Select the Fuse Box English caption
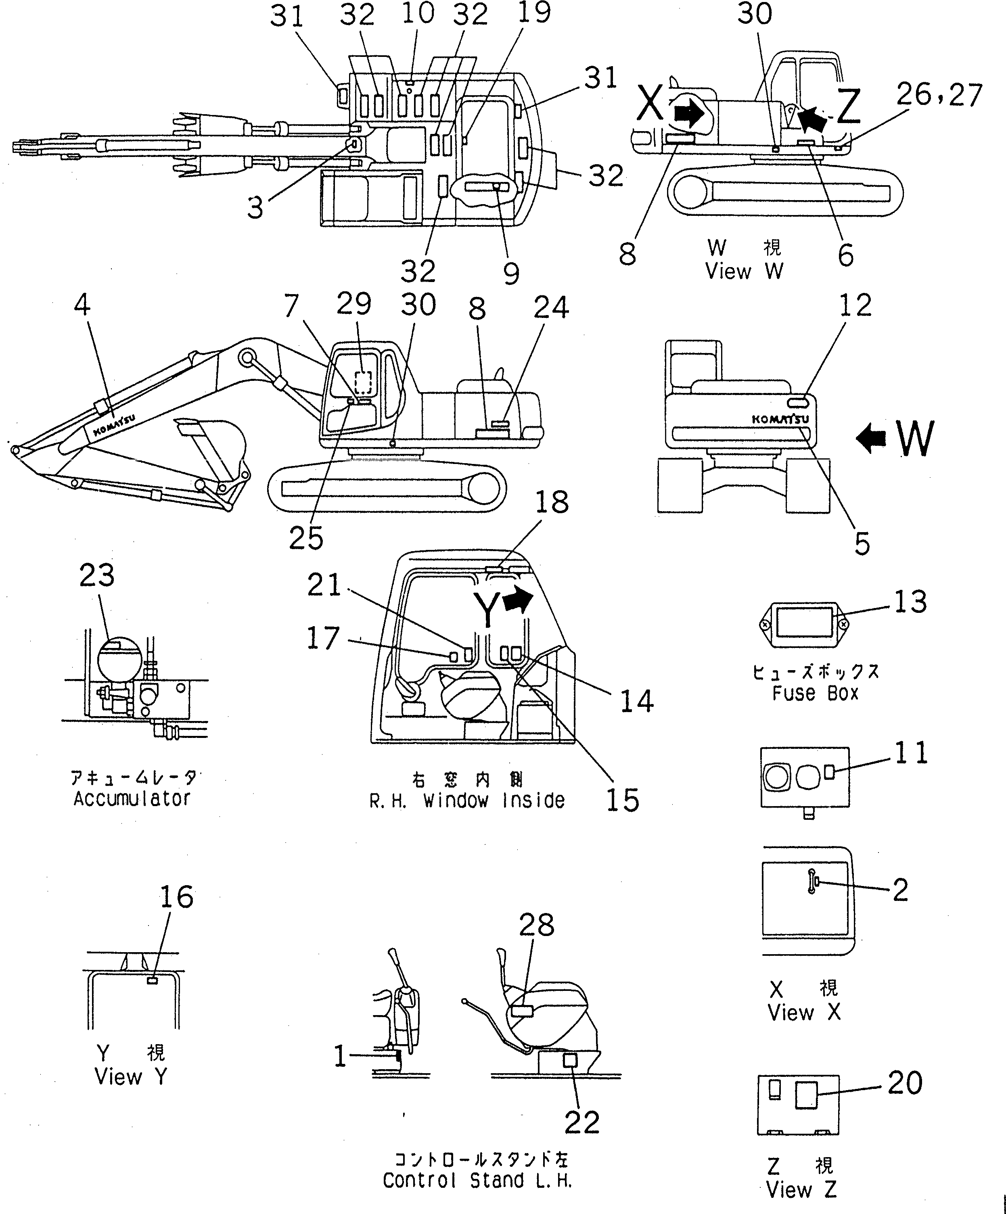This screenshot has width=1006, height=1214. point(815,693)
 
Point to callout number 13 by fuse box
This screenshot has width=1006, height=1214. point(910,602)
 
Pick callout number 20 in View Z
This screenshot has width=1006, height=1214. point(905,1083)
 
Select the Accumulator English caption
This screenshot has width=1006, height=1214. point(132,799)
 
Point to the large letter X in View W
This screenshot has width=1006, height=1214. point(652,105)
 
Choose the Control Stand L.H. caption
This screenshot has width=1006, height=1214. point(477,1181)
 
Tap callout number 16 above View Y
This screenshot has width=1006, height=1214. point(177,897)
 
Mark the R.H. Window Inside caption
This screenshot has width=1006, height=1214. point(467,801)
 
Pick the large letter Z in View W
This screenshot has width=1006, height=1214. point(848,110)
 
